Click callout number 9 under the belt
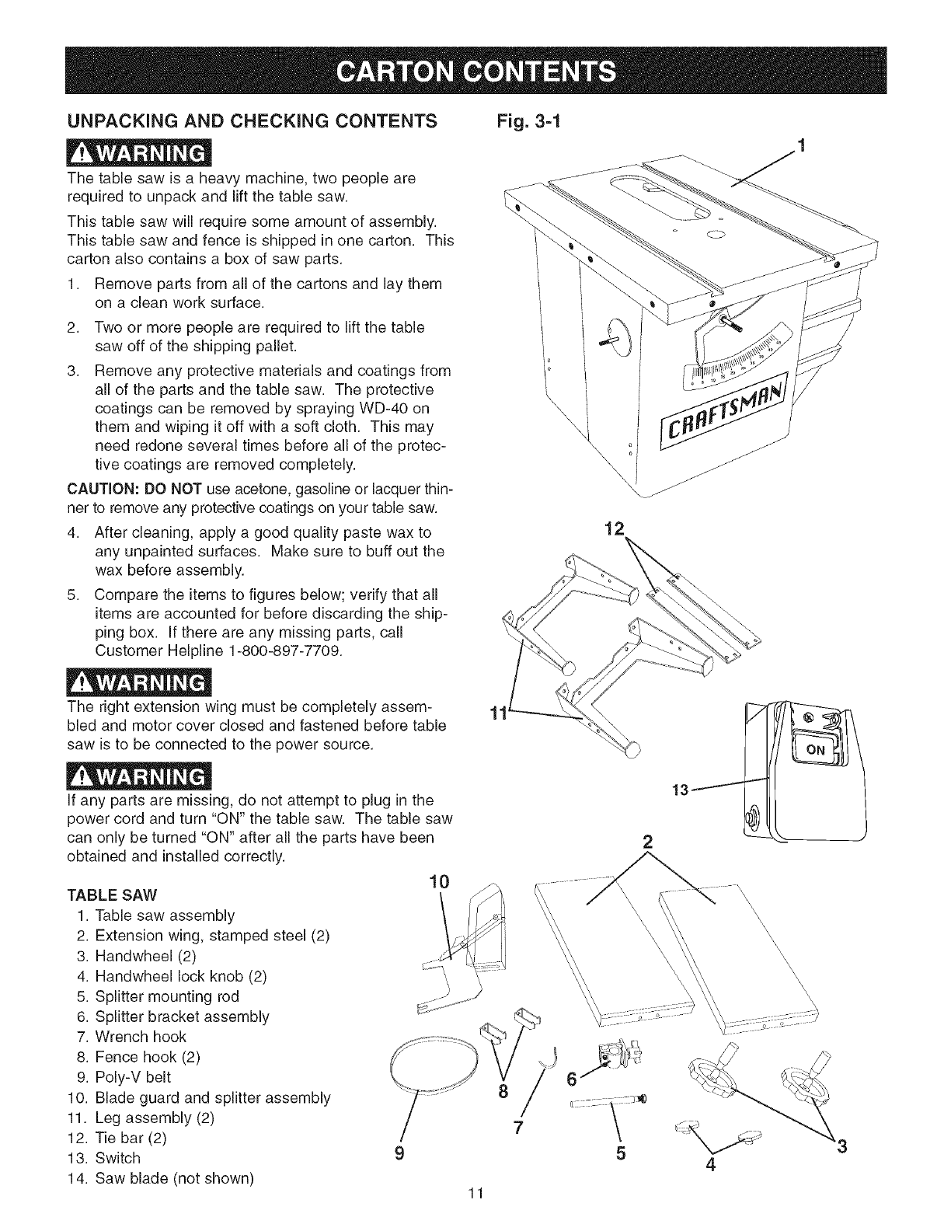[x=399, y=1153]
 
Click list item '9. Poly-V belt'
[x=123, y=1077]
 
